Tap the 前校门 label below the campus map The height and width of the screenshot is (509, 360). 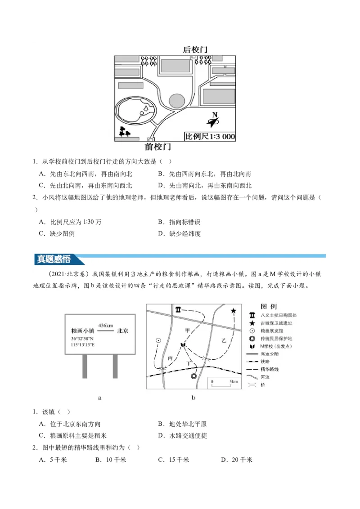click(158, 147)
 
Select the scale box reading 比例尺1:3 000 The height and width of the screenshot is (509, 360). click(210, 136)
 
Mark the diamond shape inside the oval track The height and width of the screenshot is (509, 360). click(147, 108)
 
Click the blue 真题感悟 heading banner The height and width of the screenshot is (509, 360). click(54, 259)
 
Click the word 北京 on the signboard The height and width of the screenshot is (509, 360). click(123, 331)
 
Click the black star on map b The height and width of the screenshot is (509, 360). click(233, 311)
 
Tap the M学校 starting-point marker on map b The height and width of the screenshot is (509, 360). click(183, 345)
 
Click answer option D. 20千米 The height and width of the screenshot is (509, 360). click(237, 460)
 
